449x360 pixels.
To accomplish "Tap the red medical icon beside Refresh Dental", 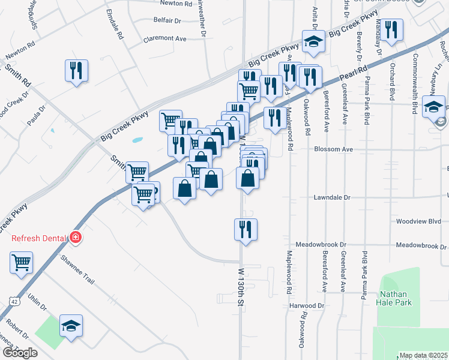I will (x=76, y=238).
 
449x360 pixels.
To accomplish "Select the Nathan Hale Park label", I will (x=393, y=298).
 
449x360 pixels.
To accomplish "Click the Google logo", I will (x=20, y=353).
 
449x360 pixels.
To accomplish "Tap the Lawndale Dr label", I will (x=331, y=197).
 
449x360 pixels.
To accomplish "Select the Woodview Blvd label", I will (x=418, y=221).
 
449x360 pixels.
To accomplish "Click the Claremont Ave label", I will (x=165, y=38).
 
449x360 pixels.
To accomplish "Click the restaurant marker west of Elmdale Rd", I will (x=76, y=71).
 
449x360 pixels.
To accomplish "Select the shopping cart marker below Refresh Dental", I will (x=21, y=262).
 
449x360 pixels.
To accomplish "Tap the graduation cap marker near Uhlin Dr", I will (x=71, y=326).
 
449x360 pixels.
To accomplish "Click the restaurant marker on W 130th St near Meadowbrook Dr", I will (x=246, y=229).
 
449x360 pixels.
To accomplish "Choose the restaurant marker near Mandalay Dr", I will (x=391, y=30).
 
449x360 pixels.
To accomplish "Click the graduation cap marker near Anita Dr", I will (x=313, y=41).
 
